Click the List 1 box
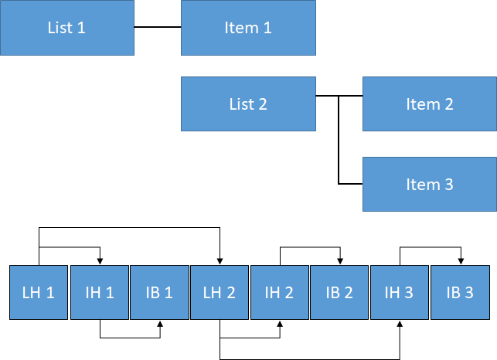(x=66, y=28)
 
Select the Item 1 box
(x=248, y=28)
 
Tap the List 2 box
(x=248, y=104)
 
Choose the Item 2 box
(x=430, y=104)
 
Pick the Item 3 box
(x=430, y=185)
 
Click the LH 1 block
(x=39, y=292)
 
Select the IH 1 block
(x=99, y=292)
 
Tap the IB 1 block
(x=159, y=292)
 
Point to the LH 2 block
(x=220, y=292)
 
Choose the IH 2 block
(x=280, y=292)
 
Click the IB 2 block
(x=339, y=292)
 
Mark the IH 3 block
(x=400, y=292)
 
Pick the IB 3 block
(x=460, y=292)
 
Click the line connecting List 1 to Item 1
(x=158, y=27)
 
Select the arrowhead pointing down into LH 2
(x=220, y=260)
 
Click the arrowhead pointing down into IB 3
(x=461, y=260)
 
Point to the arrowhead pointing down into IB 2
(x=340, y=260)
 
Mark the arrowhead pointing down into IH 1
(x=100, y=260)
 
